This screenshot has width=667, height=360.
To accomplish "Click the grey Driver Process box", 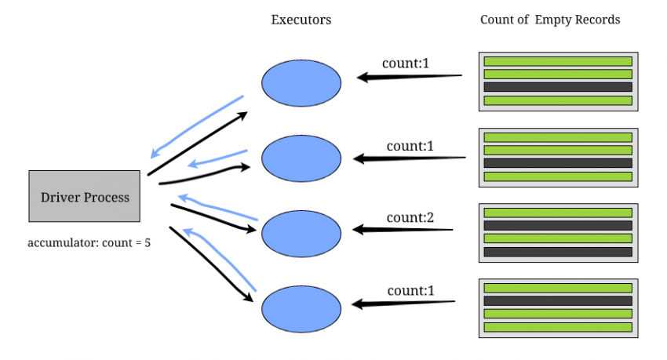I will [85, 197].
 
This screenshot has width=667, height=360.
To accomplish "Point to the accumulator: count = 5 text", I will [89, 242].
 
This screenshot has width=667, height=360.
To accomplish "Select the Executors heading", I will [301, 20].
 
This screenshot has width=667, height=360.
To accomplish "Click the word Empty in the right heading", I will [555, 20].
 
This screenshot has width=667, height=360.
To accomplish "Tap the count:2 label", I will [406, 216].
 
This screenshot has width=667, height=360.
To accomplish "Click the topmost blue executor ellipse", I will [301, 82].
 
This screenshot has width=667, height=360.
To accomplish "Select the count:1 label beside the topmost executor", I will [406, 63].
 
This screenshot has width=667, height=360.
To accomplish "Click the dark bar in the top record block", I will [558, 87].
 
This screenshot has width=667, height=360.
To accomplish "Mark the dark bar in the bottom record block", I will [558, 300].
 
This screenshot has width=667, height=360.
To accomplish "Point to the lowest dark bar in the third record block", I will [558, 252].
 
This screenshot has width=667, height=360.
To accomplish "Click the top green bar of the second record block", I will [558, 137].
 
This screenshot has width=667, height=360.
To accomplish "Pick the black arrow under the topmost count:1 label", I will [408, 76].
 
